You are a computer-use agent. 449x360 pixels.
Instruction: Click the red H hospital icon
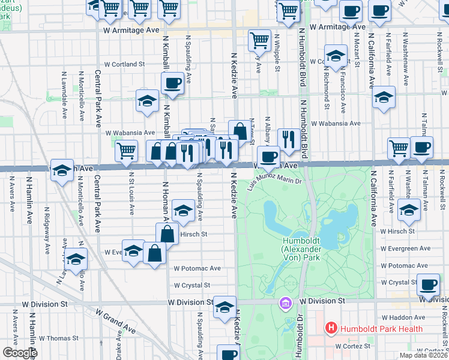(x=330, y=328)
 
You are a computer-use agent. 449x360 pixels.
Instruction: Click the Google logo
(x=20, y=353)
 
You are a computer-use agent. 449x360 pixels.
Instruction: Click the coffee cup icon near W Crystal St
(x=429, y=285)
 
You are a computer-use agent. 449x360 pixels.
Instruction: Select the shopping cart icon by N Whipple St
(x=259, y=40)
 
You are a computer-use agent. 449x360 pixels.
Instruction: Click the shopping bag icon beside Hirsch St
(x=167, y=234)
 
